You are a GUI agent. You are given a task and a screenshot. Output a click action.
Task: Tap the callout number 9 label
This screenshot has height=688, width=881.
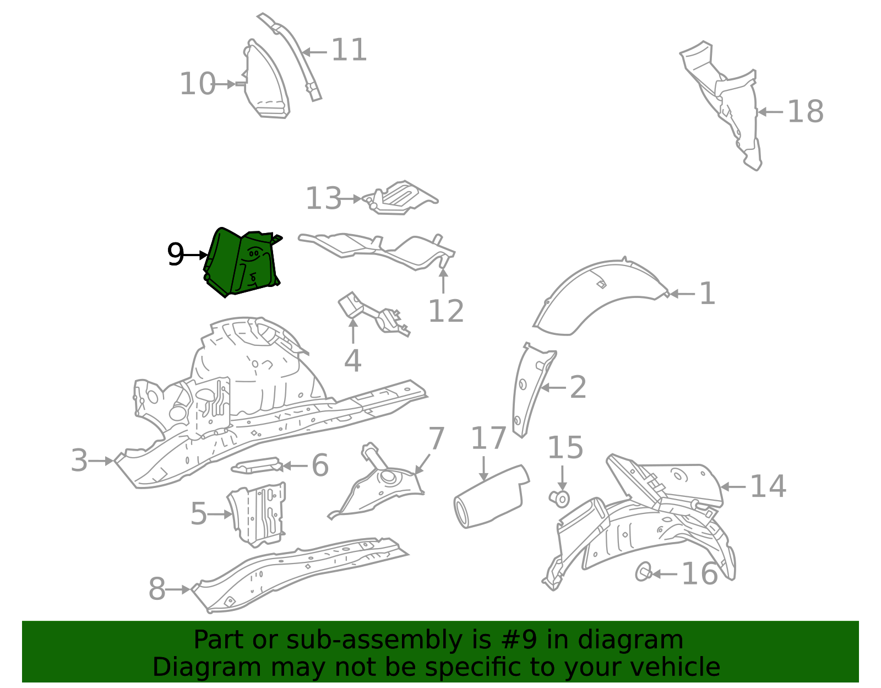175,254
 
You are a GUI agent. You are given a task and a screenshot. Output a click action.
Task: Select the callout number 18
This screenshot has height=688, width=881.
805,112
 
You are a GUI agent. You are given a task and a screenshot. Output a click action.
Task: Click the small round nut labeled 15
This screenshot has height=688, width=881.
561,499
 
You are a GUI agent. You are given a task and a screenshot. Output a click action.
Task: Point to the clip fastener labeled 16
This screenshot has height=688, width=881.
643,573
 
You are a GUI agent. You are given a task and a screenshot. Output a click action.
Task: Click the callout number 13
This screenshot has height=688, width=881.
323,199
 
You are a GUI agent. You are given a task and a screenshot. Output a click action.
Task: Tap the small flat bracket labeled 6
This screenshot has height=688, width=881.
257,465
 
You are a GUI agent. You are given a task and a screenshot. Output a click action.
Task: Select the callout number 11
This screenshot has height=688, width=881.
349,51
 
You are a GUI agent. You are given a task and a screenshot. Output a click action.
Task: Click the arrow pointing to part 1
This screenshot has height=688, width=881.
682,294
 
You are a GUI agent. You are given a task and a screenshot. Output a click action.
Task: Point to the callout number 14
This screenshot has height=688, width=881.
768,487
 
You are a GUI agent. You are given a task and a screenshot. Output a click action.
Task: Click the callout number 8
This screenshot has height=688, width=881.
157,589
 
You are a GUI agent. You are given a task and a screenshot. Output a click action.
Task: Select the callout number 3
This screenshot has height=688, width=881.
79,461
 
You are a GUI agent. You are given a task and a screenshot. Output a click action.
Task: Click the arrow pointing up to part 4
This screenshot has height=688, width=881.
353,330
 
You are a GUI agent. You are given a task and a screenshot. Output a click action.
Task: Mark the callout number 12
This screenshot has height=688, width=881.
445,312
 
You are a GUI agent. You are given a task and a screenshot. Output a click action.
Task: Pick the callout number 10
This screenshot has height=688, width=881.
197,84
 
